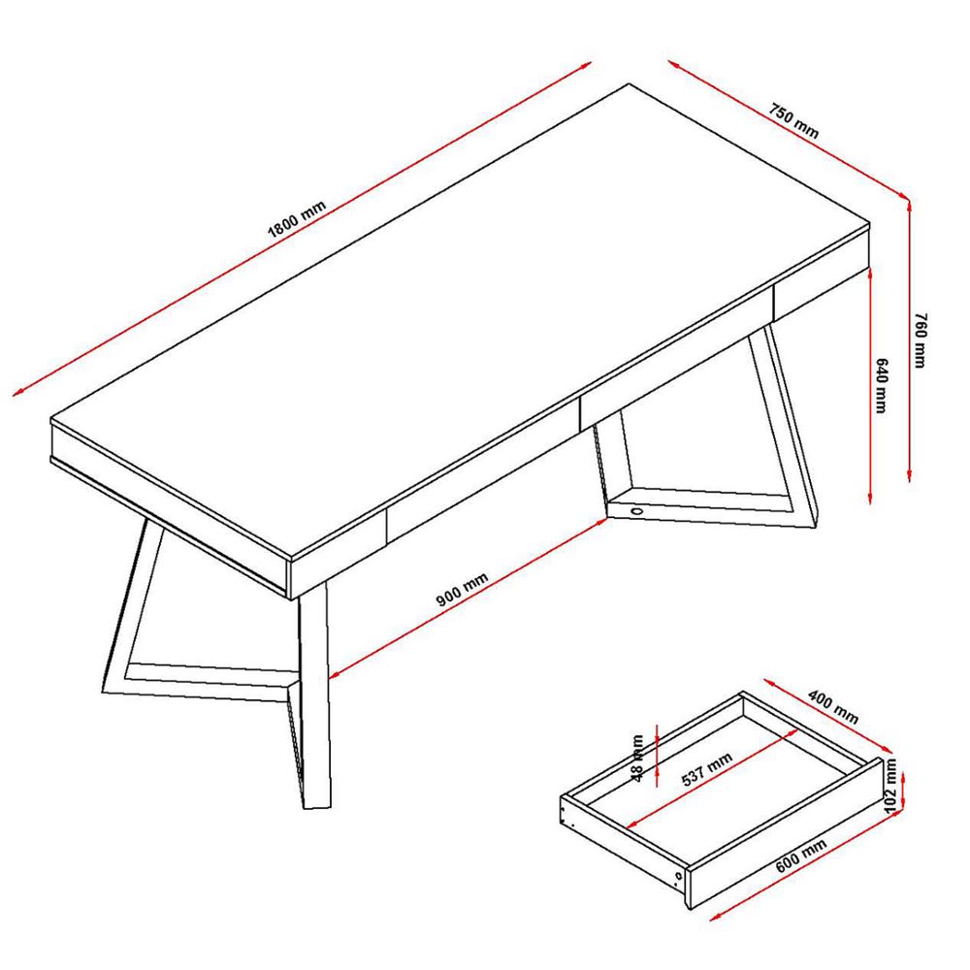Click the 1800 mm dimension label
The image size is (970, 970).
(x=296, y=219)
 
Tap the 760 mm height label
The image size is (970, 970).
(x=921, y=340)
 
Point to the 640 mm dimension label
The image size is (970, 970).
(x=882, y=385)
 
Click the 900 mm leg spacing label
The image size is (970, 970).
(x=462, y=589)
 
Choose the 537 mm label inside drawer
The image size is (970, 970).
(x=707, y=769)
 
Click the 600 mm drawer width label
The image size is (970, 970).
(x=801, y=856)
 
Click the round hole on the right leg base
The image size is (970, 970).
(x=636, y=511)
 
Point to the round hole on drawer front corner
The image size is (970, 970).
(x=679, y=876)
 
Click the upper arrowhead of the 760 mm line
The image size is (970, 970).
(x=909, y=204)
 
